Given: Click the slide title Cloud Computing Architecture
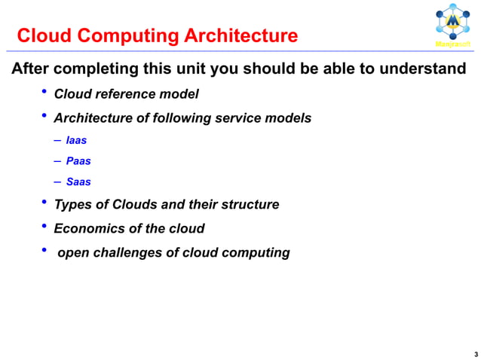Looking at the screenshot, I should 157,35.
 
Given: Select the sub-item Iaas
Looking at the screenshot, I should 76,140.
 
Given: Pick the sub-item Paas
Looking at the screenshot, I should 78,160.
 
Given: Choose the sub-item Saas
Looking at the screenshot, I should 78,182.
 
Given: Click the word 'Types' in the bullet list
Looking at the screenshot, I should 72,205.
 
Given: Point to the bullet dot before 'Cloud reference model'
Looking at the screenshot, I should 44,93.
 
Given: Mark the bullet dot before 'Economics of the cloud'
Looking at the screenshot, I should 44,227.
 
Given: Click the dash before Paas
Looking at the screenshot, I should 58,160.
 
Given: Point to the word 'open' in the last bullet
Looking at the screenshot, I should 72,252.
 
